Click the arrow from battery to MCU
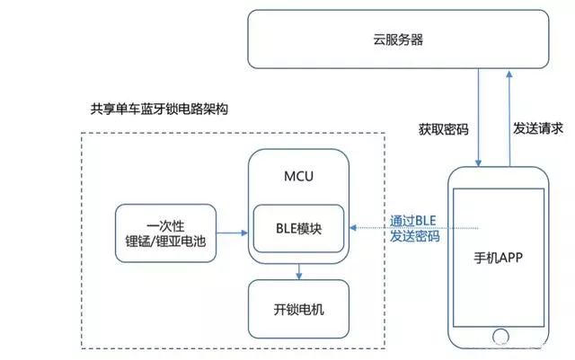click(x=233, y=233)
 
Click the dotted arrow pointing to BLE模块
click(x=404, y=228)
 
